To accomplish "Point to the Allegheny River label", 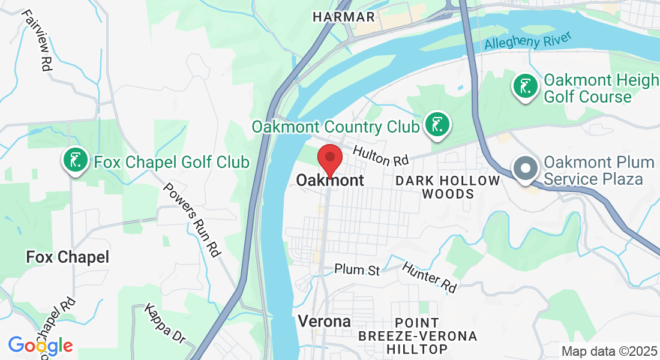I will click(x=527, y=41).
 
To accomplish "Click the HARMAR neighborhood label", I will click(x=344, y=17).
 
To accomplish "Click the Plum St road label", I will click(x=357, y=270).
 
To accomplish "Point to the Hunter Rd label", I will click(x=428, y=277).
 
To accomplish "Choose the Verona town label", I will click(x=325, y=321).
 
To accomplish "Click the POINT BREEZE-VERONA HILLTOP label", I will click(x=417, y=335).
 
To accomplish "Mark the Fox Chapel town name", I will click(x=68, y=257).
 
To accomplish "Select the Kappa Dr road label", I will click(x=165, y=324).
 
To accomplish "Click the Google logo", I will click(x=40, y=345).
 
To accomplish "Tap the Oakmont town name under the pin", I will click(x=330, y=180).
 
